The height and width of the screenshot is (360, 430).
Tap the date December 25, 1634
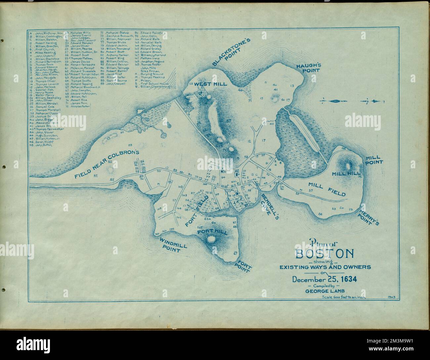[324, 279]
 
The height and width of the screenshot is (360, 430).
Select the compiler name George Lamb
[324, 292]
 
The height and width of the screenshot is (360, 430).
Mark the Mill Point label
[374, 160]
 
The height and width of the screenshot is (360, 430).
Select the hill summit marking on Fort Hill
[211, 239]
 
